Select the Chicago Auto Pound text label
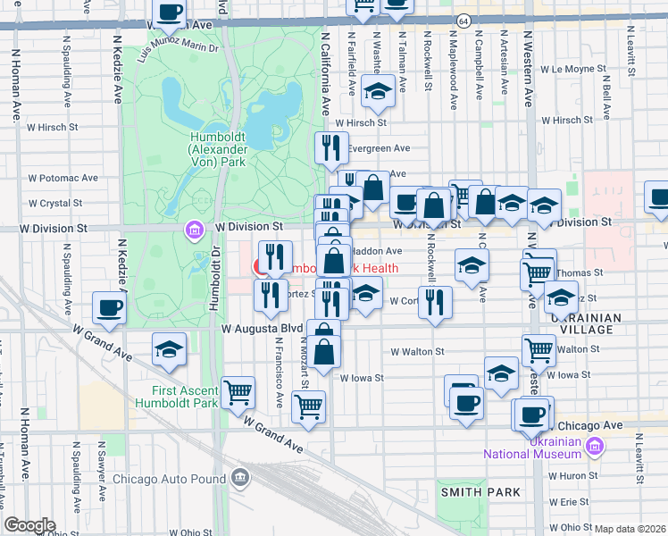pos(170,479)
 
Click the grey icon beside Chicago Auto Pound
pos(239,478)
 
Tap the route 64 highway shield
pos(463,21)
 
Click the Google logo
pos(29,524)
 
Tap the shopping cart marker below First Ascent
pos(238,391)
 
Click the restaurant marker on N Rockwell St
pos(434,301)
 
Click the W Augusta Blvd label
pos(263,328)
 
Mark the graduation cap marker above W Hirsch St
pos(379,90)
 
